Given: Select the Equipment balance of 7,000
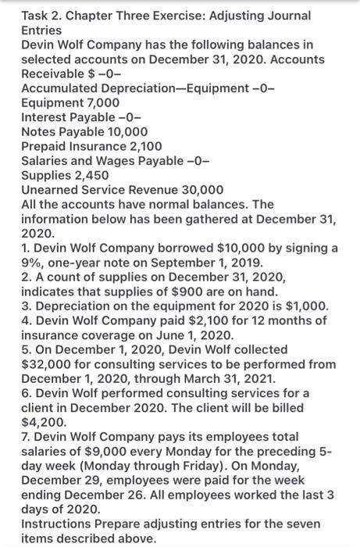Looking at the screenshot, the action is (98, 102).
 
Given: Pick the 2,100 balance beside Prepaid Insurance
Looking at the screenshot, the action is (140, 146).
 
